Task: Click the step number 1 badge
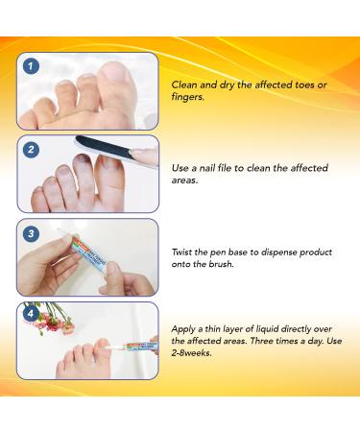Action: [32, 66]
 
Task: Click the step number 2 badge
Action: [32, 149]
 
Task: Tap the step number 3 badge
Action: [32, 233]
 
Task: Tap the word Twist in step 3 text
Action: [185, 252]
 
